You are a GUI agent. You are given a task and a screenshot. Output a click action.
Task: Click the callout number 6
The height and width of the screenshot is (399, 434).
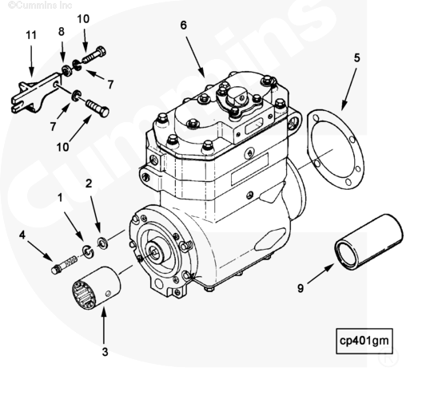pyautogui.click(x=184, y=26)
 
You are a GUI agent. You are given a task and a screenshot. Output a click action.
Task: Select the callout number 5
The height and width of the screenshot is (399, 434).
pyautogui.click(x=356, y=58)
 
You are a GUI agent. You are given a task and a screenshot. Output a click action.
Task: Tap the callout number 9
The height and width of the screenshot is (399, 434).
pyautogui.click(x=301, y=288)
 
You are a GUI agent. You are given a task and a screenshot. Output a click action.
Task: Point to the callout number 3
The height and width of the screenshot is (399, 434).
pyautogui.click(x=105, y=352)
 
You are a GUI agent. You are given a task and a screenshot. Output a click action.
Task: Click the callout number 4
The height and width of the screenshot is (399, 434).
pyautogui.click(x=22, y=235)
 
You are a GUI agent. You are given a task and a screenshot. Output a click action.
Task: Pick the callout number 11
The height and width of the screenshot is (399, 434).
pyautogui.click(x=31, y=35)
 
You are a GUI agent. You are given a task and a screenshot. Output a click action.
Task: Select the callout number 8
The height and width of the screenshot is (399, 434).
pyautogui.click(x=62, y=31)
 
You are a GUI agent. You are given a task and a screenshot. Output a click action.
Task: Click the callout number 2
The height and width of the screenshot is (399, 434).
pyautogui.click(x=89, y=184)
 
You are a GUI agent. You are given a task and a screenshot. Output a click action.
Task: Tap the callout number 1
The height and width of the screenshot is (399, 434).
pyautogui.click(x=60, y=198)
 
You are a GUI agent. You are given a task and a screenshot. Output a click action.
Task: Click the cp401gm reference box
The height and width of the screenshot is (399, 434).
pyautogui.click(x=364, y=341)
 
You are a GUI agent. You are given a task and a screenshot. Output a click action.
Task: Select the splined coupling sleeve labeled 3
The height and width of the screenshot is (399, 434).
pyautogui.click(x=97, y=287)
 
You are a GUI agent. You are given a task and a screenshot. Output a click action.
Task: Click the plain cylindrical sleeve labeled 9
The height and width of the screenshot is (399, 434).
pyautogui.click(x=369, y=241)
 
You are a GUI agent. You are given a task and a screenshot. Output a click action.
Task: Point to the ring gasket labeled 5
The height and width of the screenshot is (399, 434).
pyautogui.click(x=336, y=149)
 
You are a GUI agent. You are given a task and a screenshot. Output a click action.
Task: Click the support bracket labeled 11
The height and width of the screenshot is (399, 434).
pyautogui.click(x=36, y=93)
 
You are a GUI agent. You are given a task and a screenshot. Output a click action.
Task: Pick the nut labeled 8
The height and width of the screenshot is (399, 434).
pyautogui.click(x=67, y=72)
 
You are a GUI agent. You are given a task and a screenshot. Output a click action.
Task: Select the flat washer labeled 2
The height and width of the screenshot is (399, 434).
pyautogui.click(x=102, y=243)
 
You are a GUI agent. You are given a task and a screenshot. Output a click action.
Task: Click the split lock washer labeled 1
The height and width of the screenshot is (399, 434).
pyautogui.click(x=88, y=251)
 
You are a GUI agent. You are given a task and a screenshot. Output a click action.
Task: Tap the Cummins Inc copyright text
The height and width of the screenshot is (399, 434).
pyautogui.click(x=40, y=5)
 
